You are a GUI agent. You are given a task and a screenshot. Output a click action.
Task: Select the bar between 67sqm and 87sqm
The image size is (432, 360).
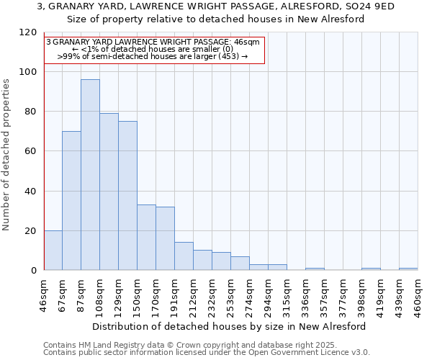(71, 201)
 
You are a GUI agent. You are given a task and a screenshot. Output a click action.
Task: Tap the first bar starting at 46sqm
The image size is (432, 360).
(53, 251)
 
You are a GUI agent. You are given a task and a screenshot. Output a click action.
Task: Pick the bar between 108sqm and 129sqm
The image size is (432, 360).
(109, 192)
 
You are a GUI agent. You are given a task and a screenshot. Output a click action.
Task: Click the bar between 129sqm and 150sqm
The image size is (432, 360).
(127, 196)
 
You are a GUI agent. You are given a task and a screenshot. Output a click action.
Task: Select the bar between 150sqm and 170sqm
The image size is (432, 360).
(146, 238)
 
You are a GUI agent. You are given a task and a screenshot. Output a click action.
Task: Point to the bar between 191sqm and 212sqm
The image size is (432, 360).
(184, 256)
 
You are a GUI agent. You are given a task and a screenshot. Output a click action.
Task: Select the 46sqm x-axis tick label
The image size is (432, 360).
(44, 296)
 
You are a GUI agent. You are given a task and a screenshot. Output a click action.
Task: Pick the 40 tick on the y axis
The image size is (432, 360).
(31, 192)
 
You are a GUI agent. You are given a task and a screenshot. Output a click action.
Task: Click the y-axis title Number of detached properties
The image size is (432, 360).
(7, 155)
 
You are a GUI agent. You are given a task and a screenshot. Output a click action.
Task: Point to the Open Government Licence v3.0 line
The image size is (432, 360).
(207, 353)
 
